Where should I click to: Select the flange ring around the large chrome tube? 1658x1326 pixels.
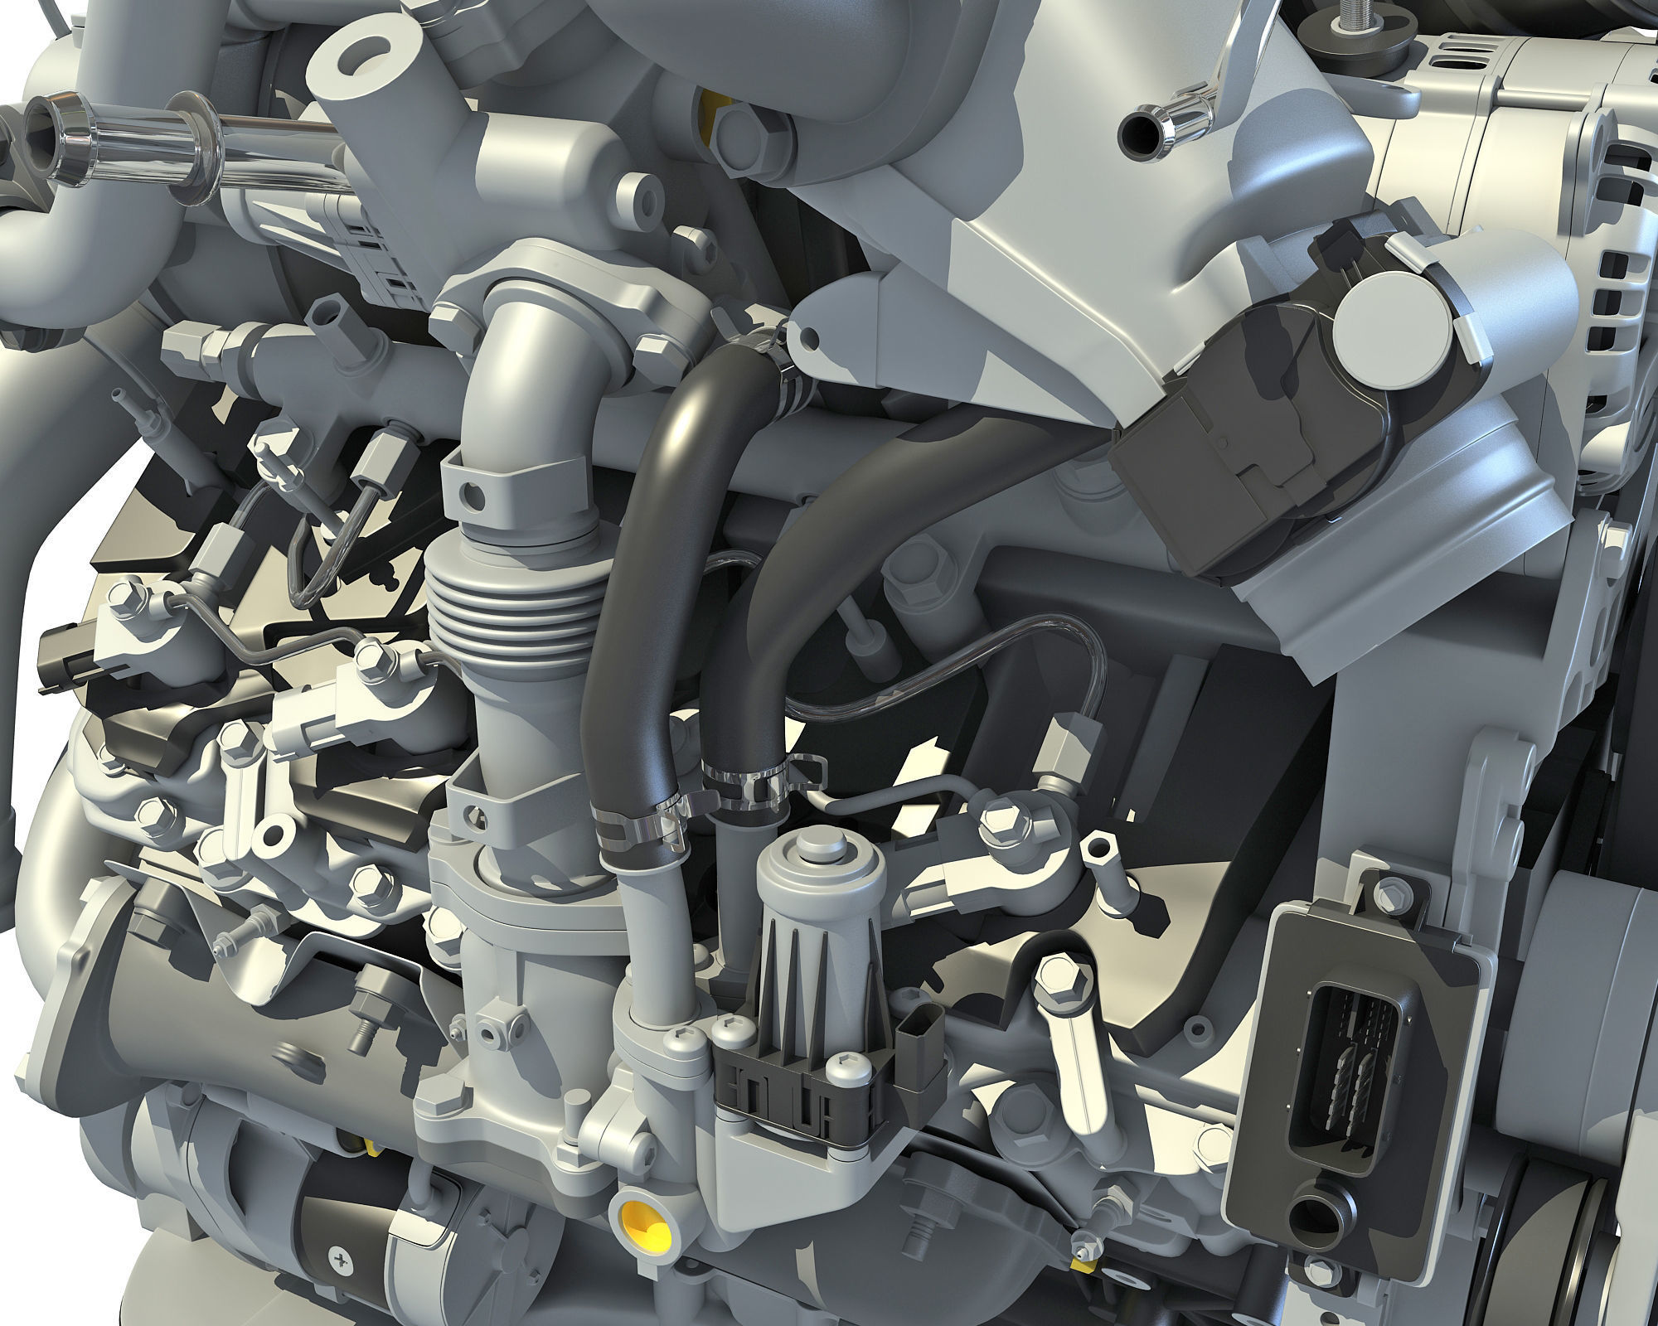[x=194, y=150]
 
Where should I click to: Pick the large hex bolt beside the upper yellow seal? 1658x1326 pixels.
[x=738, y=128]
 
